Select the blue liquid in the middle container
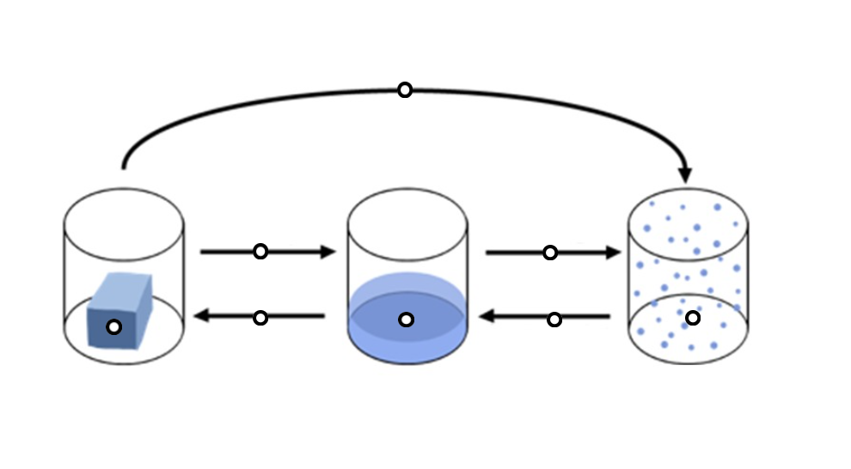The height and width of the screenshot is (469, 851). click(407, 331)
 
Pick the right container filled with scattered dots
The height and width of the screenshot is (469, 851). click(688, 275)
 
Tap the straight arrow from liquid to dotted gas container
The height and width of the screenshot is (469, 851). click(516, 253)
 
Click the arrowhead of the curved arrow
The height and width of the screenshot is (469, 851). click(684, 174)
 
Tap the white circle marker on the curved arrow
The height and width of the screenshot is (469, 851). click(404, 89)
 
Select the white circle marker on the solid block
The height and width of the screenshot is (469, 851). click(113, 326)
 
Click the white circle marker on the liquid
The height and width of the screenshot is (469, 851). click(407, 320)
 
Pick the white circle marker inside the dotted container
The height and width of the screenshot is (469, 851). click(692, 318)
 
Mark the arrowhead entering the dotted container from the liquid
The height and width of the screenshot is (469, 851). click(613, 253)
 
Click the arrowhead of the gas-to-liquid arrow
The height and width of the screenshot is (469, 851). click(487, 317)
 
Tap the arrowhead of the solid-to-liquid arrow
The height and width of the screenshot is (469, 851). click(328, 252)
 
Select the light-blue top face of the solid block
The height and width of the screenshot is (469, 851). click(120, 286)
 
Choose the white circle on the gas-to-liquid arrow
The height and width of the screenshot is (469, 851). click(554, 320)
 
